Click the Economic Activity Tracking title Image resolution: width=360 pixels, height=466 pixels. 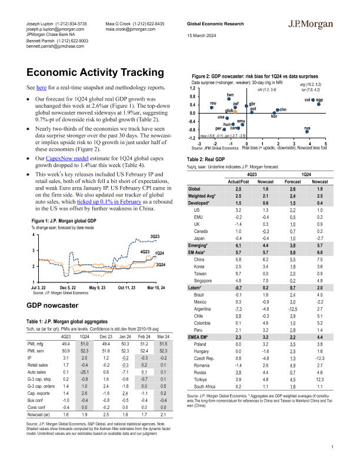[x=90, y=73]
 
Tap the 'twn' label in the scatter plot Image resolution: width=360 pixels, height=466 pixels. [x=230, y=95]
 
